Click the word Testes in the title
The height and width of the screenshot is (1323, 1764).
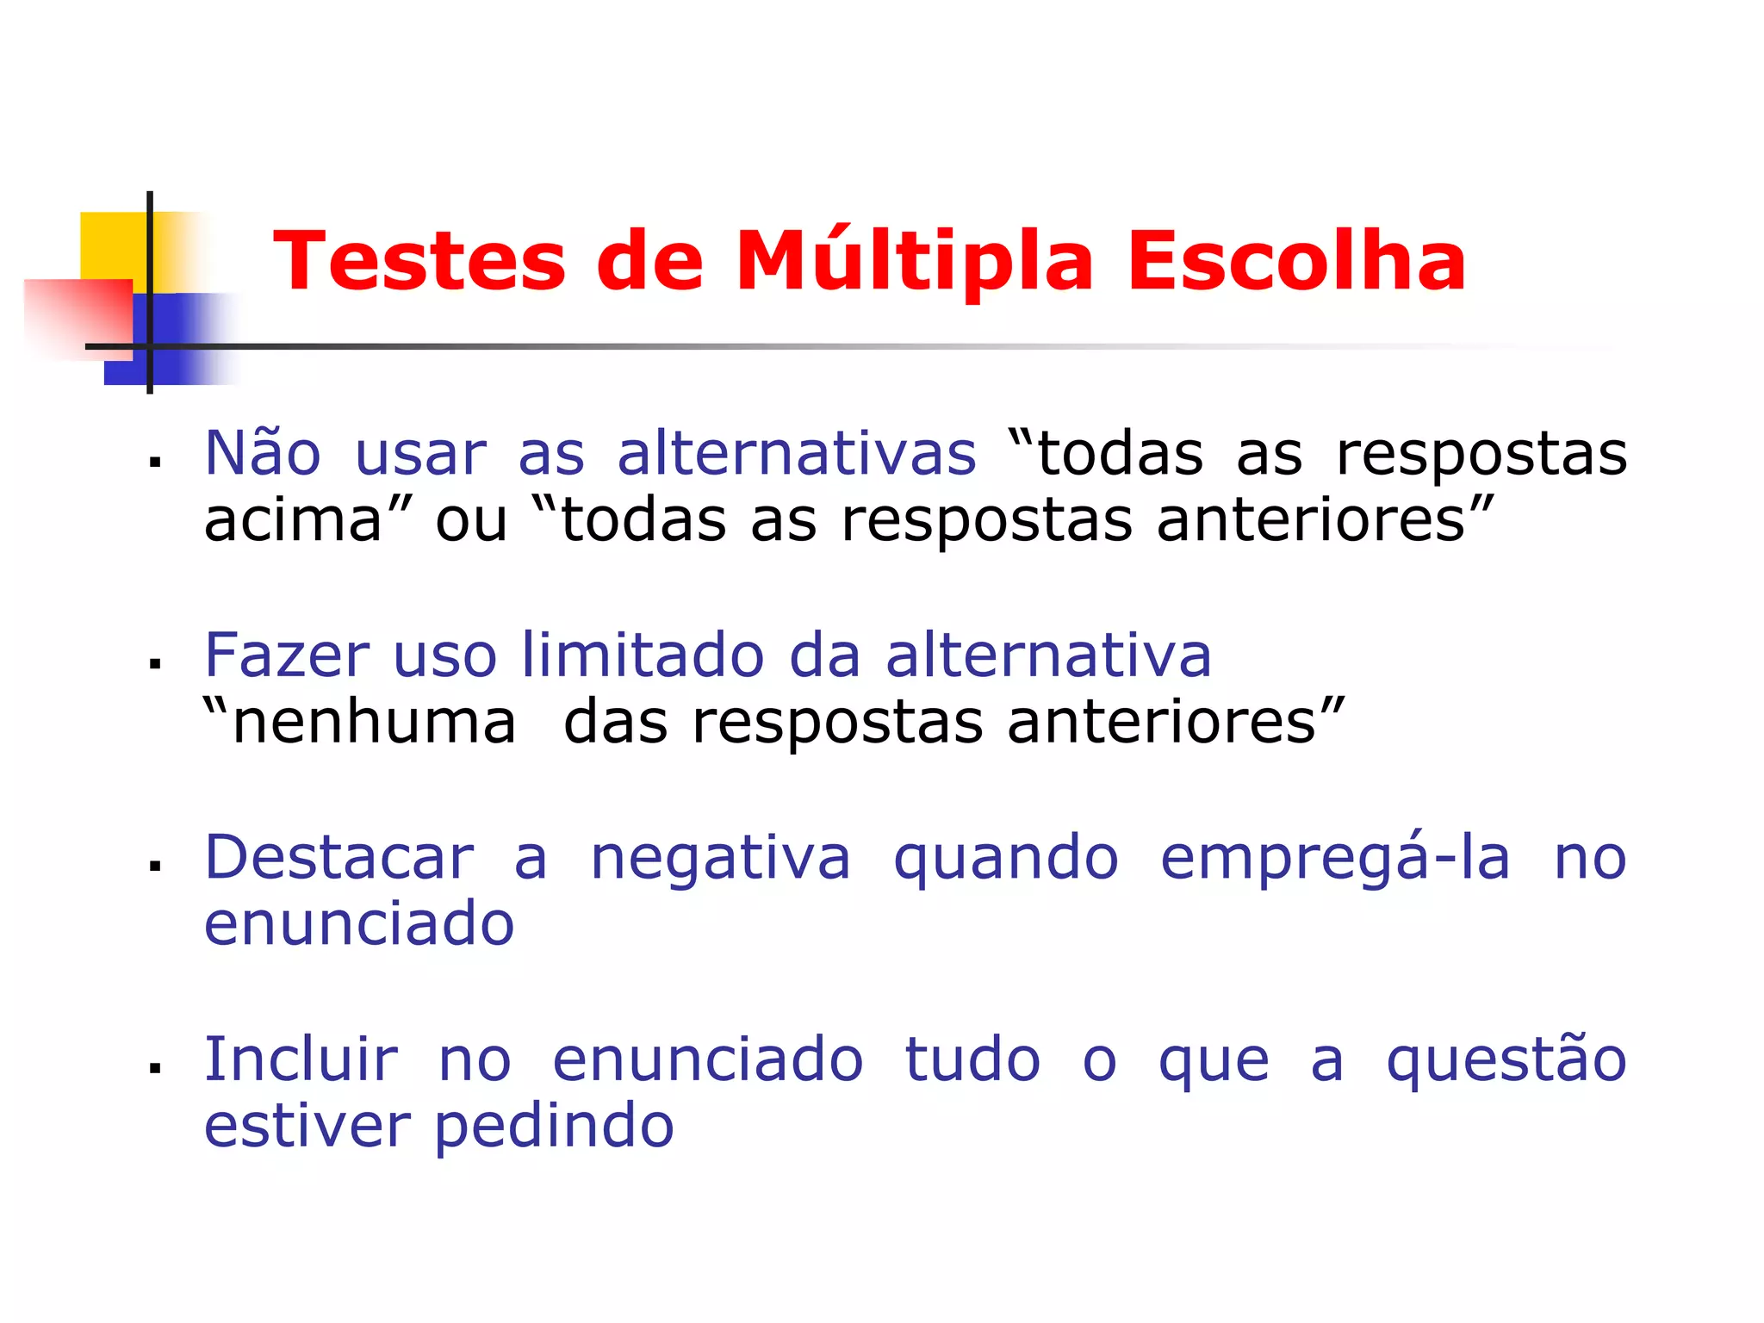point(419,261)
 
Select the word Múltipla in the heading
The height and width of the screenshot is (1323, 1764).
point(914,261)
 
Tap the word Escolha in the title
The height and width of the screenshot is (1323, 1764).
point(1296,261)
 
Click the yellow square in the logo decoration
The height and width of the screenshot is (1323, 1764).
point(113,245)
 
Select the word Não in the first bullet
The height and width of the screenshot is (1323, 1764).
point(263,453)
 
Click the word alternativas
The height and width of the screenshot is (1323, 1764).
point(797,453)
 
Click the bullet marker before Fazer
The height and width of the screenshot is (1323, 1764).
point(155,664)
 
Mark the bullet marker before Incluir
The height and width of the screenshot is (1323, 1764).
point(155,1069)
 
